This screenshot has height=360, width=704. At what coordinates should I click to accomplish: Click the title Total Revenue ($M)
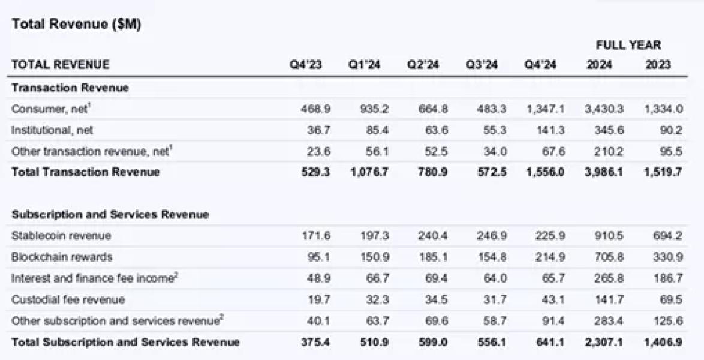click(x=76, y=24)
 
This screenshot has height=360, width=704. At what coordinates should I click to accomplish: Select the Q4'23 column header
click(x=306, y=65)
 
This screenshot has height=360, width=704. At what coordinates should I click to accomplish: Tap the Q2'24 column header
click(x=423, y=65)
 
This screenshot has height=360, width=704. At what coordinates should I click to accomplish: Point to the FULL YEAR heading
click(x=628, y=45)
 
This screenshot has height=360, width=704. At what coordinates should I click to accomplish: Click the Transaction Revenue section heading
click(x=70, y=88)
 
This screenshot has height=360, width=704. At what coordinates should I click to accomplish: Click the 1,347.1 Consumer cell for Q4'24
click(x=546, y=109)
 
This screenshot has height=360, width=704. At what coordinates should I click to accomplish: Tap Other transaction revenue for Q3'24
click(x=495, y=151)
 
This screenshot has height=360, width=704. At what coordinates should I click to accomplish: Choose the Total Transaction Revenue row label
click(x=85, y=172)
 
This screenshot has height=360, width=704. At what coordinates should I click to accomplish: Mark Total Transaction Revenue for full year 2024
click(x=604, y=172)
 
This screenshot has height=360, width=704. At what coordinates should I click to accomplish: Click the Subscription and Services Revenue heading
click(x=110, y=214)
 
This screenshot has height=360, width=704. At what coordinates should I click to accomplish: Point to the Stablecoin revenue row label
click(x=61, y=236)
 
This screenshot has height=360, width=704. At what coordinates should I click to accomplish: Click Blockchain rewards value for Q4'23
click(x=319, y=257)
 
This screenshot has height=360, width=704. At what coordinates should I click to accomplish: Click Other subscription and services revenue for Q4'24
click(x=553, y=322)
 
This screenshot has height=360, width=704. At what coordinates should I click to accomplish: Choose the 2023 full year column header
click(x=658, y=65)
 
